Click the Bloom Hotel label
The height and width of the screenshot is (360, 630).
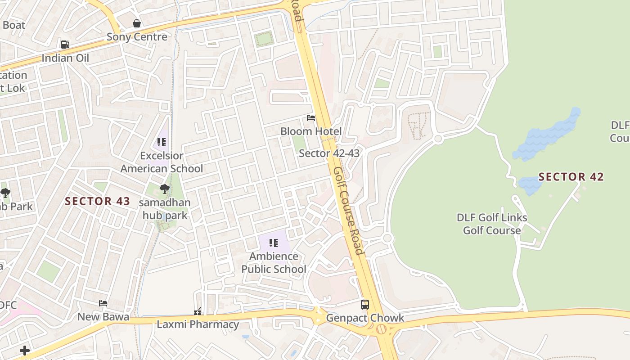click(311, 131)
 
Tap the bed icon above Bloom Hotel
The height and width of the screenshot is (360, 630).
click(311, 118)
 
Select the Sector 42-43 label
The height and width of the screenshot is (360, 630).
click(329, 153)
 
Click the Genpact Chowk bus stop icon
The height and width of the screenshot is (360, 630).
click(365, 305)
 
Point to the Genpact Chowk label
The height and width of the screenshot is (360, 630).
click(365, 318)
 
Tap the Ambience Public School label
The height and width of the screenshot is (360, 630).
click(274, 263)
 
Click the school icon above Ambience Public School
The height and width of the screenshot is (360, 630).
click(274, 243)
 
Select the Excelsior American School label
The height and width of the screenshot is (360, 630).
click(162, 162)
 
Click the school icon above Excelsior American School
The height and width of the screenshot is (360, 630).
click(162, 143)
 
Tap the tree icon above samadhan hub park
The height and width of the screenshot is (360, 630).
click(165, 189)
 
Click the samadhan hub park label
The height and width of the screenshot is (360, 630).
click(165, 209)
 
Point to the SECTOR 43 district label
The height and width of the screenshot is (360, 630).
click(98, 202)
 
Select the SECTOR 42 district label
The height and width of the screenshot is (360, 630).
click(571, 177)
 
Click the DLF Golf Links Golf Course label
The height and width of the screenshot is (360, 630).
click(492, 224)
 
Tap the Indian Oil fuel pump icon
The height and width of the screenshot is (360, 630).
click(65, 45)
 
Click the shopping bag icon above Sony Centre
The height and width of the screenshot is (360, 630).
click(137, 23)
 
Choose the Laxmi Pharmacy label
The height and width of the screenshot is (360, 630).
click(198, 324)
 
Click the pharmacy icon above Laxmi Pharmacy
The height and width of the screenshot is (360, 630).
click(198, 311)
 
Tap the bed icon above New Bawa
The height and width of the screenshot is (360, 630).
click(103, 304)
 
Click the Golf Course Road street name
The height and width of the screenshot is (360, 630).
click(348, 211)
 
